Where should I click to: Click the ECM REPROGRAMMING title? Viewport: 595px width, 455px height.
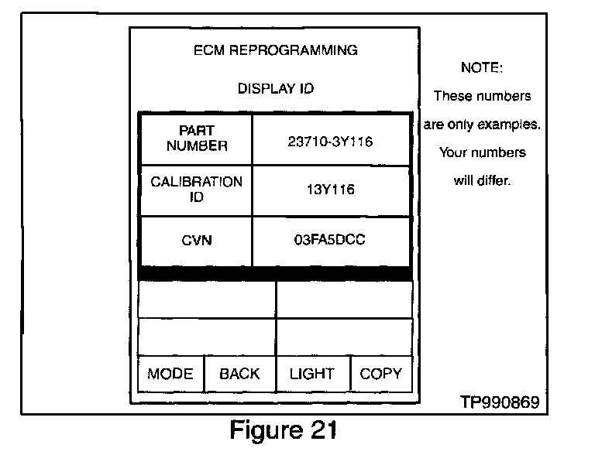tap(275, 50)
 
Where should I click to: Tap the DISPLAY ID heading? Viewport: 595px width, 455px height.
tap(275, 89)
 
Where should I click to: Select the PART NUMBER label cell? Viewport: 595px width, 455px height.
tap(197, 139)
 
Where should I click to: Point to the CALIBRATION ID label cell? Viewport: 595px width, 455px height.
tap(197, 190)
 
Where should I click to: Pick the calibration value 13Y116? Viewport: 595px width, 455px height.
tap(330, 190)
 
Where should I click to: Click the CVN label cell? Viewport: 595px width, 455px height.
tap(197, 241)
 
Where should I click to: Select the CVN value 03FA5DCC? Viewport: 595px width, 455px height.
tap(330, 241)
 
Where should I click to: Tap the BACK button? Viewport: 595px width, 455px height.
tap(239, 374)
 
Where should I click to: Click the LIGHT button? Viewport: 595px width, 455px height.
tap(312, 374)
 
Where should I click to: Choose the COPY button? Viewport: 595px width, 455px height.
tap(380, 374)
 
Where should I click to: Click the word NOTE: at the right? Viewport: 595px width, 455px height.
tap(482, 68)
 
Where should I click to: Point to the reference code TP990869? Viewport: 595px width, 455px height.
tap(499, 403)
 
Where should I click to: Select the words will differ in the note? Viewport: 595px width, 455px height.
tap(482, 181)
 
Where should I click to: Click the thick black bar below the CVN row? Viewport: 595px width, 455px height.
tap(275, 274)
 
